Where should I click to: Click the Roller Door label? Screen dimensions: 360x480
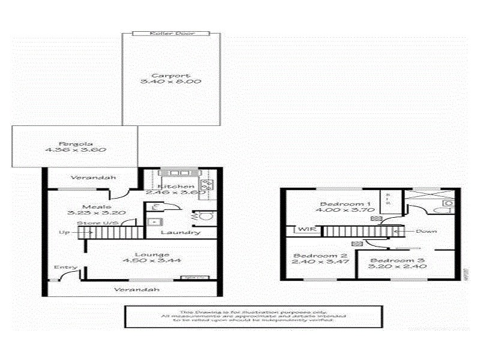pos(170,34)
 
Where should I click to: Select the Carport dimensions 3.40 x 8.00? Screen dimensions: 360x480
pos(170,82)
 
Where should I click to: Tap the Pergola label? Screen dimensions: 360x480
pos(74,143)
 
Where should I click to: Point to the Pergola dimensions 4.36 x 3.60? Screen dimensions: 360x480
pos(74,150)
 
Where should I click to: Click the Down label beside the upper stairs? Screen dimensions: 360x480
pos(425,231)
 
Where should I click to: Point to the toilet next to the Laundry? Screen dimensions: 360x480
pos(204,215)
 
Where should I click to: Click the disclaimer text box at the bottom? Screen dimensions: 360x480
pos(253,316)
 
